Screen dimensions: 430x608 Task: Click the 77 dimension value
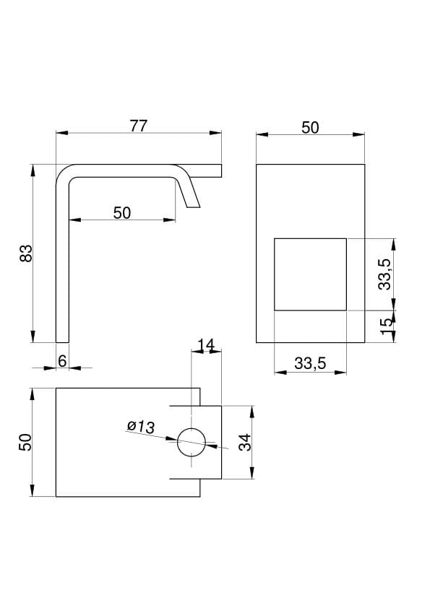point(139,126)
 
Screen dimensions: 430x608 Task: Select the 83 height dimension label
point(27,253)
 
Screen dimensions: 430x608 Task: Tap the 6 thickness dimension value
point(62,361)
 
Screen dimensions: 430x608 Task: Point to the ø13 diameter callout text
point(141,427)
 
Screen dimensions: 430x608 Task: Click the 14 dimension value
point(206,344)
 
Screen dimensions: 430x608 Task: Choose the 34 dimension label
point(245,443)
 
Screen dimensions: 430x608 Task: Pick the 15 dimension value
point(386,327)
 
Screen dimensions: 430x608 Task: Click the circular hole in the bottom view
point(192,443)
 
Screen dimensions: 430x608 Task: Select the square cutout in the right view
point(311,274)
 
